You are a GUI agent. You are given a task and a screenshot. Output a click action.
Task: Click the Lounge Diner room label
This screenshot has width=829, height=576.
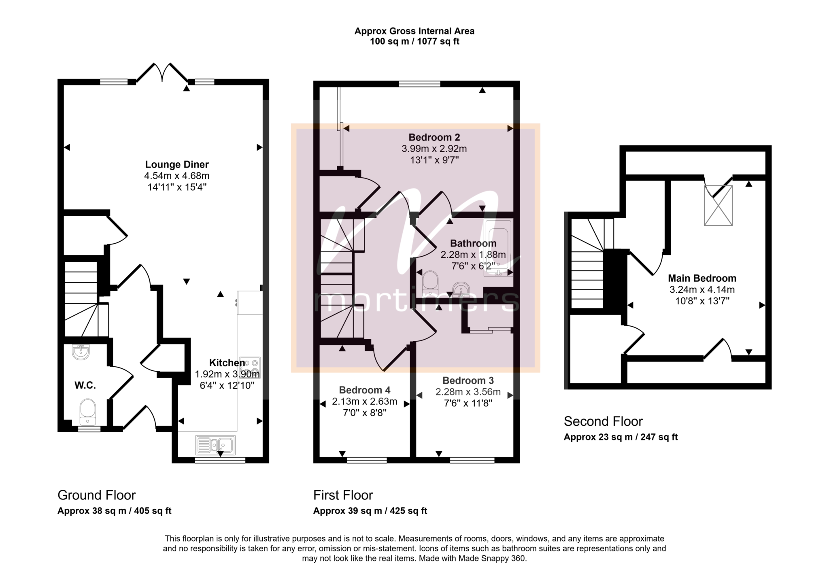177,164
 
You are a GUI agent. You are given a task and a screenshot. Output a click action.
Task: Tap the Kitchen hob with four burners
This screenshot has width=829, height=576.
250,368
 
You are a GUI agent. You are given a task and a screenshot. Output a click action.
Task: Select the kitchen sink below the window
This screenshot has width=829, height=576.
215,444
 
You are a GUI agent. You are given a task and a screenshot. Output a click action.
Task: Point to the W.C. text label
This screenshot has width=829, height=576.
85,385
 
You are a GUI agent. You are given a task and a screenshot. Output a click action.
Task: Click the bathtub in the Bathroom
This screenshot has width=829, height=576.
498,248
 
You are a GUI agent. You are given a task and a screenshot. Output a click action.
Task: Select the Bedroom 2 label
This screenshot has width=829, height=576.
434,137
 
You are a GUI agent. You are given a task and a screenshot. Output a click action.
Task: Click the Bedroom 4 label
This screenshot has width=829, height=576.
365,390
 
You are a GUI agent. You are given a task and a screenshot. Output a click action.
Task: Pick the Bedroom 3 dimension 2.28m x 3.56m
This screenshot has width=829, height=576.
468,392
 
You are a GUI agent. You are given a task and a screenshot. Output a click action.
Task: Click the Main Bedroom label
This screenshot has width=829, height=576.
702,278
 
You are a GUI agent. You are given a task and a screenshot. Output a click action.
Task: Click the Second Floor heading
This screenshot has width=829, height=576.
603,421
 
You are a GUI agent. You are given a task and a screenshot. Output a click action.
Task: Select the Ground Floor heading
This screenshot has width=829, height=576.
96,495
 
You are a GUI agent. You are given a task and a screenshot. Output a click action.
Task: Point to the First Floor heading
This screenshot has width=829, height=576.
343,495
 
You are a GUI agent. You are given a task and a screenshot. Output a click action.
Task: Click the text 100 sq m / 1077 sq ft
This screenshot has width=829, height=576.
414,41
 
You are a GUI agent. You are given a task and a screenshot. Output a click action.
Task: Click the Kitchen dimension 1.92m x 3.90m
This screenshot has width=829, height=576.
227,374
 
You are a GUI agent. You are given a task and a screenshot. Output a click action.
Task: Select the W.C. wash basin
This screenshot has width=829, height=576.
81,352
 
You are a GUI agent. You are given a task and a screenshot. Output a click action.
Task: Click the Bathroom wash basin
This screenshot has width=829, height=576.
461,289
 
